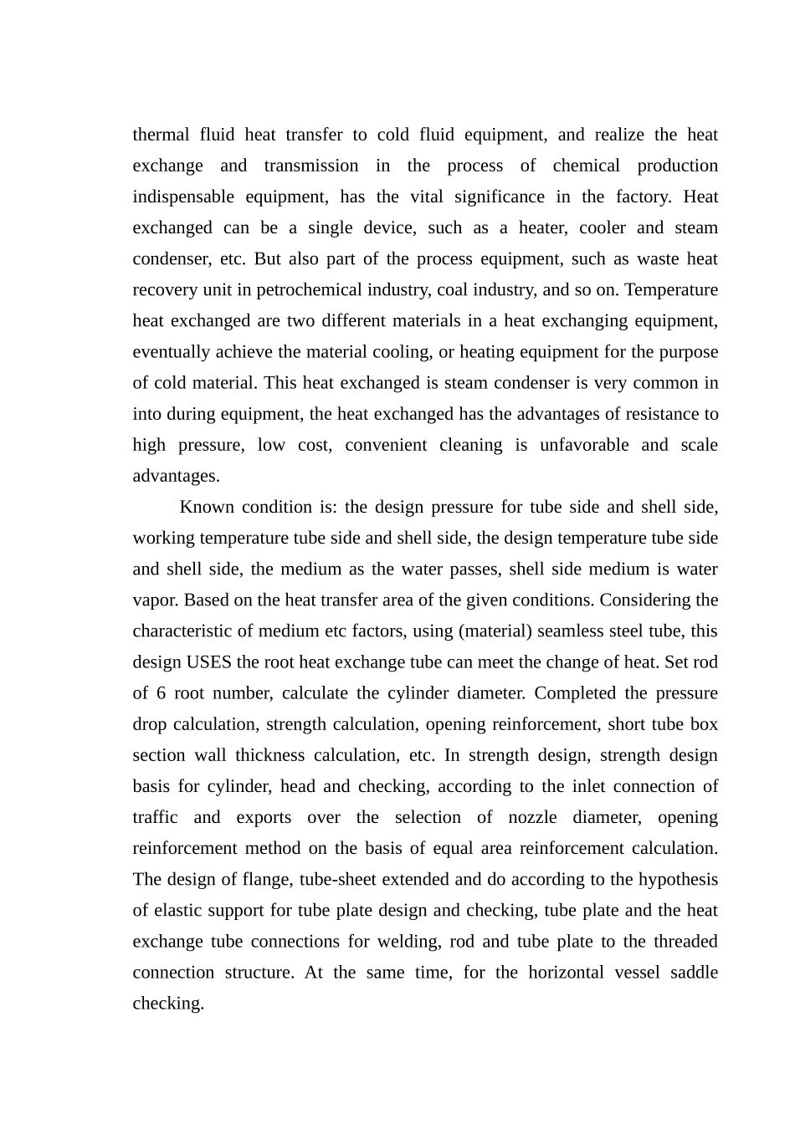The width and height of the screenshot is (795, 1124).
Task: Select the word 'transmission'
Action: (x=311, y=166)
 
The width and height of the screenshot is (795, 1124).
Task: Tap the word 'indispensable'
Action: (x=182, y=197)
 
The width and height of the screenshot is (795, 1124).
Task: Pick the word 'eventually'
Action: (x=170, y=352)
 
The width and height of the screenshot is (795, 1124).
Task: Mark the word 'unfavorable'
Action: (x=584, y=445)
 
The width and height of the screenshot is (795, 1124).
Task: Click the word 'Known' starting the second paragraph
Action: (x=204, y=507)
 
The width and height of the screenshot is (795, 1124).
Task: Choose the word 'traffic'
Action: (x=155, y=817)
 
